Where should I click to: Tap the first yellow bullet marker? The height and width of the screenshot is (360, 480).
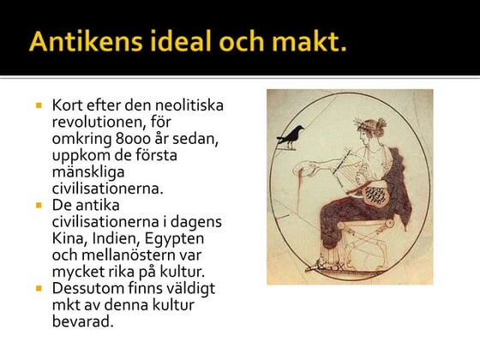tap(39, 105)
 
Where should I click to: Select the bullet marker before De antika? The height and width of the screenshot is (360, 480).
tap(39, 206)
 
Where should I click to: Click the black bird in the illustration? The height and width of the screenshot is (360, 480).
tap(291, 134)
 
